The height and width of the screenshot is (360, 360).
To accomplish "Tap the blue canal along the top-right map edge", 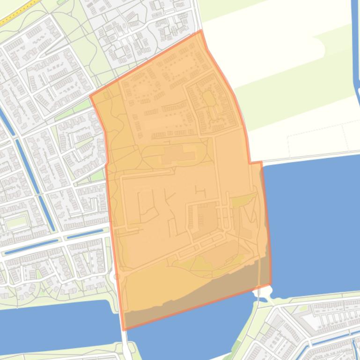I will [356, 47].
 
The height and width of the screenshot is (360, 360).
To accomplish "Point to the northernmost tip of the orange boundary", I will [201, 31].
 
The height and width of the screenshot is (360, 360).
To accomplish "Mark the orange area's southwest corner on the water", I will [125, 329].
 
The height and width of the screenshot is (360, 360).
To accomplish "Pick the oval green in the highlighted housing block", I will [208, 99].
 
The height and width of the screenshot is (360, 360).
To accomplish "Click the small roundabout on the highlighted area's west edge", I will [116, 277].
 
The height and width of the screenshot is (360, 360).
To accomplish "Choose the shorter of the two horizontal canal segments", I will [84, 234].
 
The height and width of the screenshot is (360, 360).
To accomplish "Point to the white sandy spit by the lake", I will [265, 293].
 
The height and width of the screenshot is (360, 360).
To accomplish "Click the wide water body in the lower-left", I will [51, 323].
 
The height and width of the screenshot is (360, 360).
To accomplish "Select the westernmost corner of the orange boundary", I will [90, 97].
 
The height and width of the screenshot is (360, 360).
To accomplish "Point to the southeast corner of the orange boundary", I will [271, 284].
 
